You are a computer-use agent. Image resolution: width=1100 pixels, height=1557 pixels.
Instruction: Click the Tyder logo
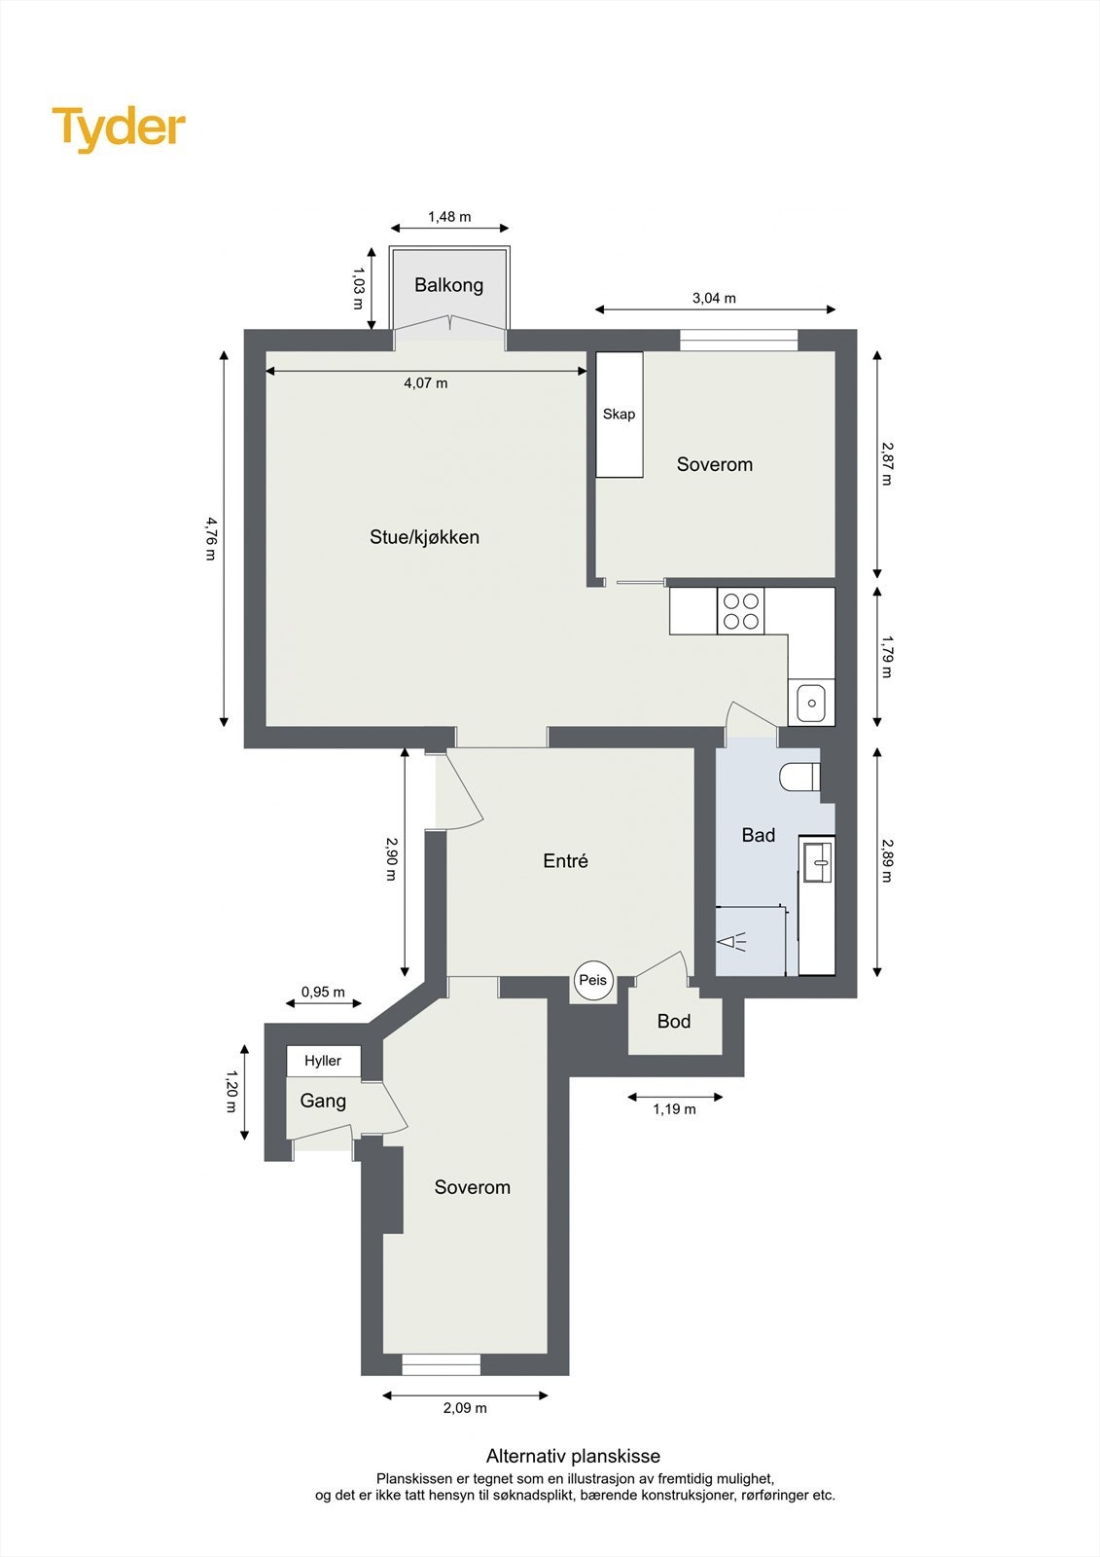[119, 128]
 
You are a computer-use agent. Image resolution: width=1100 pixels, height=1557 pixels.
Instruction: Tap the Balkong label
[448, 285]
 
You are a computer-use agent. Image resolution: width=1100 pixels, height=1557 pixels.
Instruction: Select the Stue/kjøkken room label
[424, 537]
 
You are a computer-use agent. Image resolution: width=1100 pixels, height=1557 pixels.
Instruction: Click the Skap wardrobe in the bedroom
[619, 415]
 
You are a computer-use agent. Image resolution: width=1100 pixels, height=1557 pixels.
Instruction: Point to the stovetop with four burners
[741, 611]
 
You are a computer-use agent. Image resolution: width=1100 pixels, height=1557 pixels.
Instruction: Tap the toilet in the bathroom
[800, 778]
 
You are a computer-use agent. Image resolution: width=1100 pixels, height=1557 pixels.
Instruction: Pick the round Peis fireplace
[592, 980]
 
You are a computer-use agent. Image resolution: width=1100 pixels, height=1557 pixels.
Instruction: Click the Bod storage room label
[674, 1021]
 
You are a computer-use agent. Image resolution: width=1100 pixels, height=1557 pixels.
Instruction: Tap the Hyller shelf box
[323, 1061]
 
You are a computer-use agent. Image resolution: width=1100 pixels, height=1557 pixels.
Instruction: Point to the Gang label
[323, 1101]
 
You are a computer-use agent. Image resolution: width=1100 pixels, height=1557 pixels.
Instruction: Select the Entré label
[565, 861]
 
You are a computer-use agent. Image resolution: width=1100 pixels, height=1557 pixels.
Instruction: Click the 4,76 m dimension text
[210, 538]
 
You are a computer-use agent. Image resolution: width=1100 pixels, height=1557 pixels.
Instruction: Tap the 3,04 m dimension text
[714, 298]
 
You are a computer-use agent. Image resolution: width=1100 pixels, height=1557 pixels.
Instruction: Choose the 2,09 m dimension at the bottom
[465, 1408]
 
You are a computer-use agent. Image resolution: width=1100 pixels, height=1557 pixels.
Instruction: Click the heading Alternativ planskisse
[573, 1457]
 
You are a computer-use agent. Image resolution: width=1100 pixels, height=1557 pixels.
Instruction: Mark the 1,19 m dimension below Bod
[674, 1109]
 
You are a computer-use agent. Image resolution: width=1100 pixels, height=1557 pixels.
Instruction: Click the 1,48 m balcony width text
[449, 217]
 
